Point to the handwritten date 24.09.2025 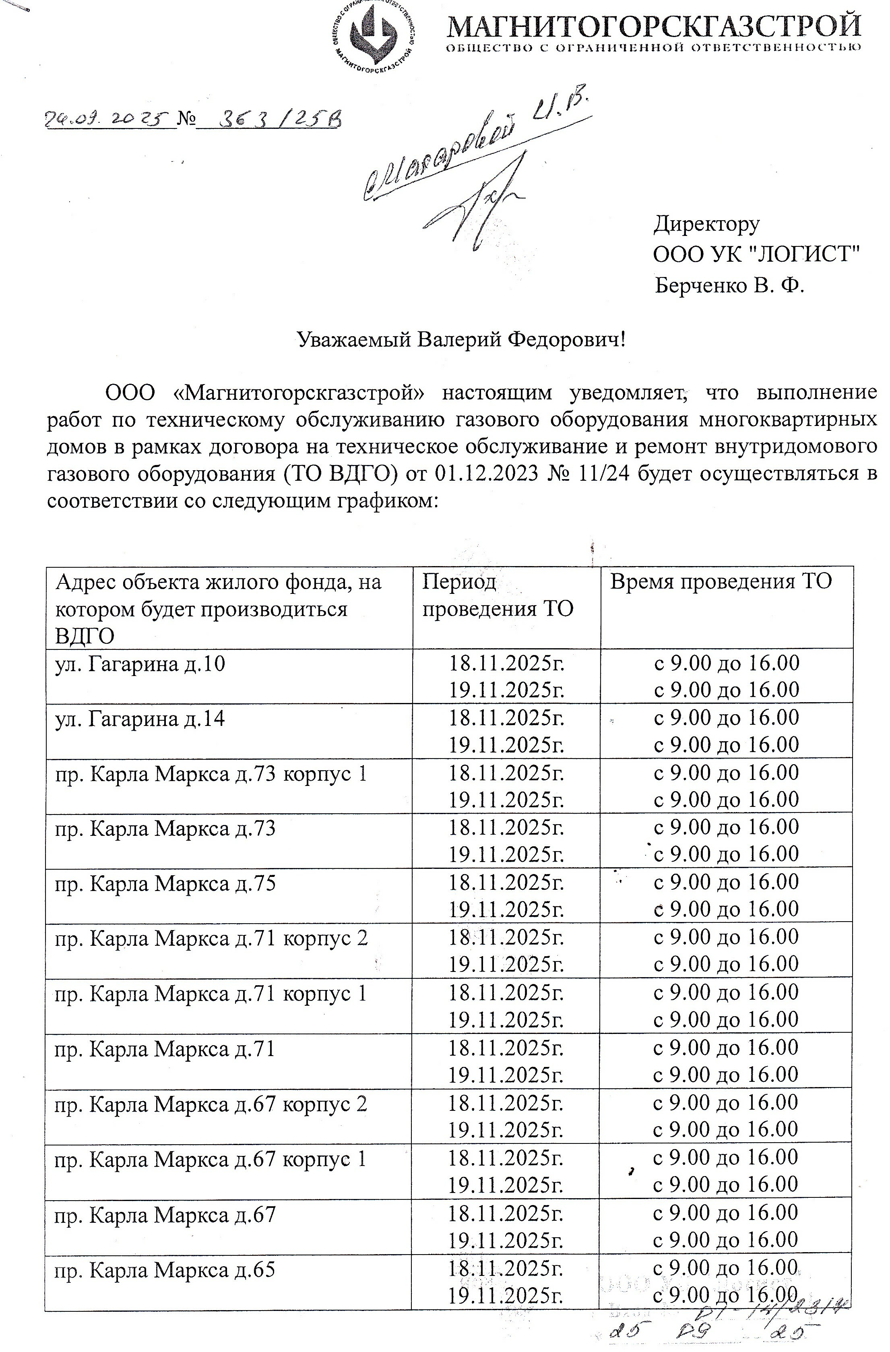click(107, 119)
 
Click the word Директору click(706, 224)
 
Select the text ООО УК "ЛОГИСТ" click(756, 254)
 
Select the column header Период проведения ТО click(498, 595)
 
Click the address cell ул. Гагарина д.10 click(140, 664)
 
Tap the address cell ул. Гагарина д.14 click(140, 719)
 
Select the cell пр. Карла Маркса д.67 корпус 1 click(211, 1159)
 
